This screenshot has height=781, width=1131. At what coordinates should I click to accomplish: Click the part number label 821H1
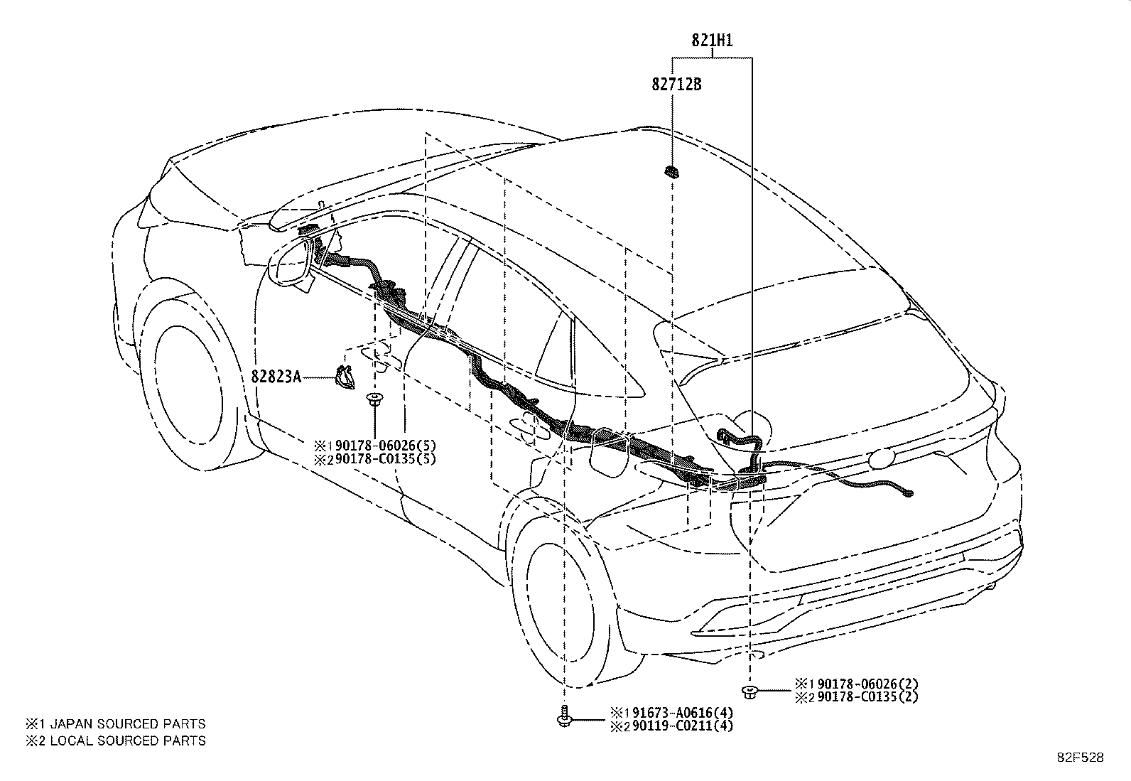[712, 41]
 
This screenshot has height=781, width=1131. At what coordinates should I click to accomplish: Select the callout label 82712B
[676, 84]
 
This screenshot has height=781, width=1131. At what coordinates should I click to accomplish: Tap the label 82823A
[276, 377]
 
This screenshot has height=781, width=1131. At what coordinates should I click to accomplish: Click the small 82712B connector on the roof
[672, 172]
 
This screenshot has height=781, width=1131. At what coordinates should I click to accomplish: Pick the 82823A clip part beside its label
[345, 377]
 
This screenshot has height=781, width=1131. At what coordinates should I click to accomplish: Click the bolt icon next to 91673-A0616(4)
[563, 717]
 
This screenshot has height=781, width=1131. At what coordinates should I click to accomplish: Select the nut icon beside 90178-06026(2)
[750, 692]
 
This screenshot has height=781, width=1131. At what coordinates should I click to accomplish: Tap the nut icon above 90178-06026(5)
[374, 399]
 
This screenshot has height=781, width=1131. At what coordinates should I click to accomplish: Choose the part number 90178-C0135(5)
[386, 459]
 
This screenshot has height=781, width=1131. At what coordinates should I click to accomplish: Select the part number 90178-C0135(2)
[868, 696]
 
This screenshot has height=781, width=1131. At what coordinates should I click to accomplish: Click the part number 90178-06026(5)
[386, 446]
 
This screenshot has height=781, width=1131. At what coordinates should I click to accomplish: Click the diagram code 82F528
[1081, 758]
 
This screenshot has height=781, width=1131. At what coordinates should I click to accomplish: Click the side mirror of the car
[291, 263]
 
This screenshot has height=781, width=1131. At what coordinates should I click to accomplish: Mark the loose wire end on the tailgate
[908, 494]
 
